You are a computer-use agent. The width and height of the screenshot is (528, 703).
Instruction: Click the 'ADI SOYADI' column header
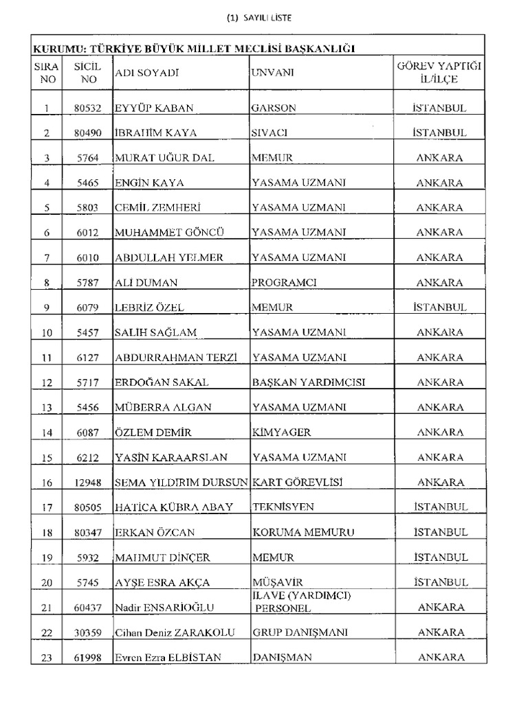point(146,72)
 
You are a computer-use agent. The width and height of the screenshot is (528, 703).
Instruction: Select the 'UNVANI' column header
point(272,72)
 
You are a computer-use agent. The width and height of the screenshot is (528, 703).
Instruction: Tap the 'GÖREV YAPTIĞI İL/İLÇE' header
point(439,72)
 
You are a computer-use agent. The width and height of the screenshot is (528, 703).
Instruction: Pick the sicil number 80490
point(88,132)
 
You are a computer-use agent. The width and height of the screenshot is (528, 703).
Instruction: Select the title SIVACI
point(269,132)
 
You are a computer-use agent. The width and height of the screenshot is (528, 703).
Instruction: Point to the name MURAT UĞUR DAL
point(164,158)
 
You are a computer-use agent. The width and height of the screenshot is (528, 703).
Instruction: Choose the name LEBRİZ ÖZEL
point(149,308)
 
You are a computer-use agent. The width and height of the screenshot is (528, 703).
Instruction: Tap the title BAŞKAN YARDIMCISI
point(308,382)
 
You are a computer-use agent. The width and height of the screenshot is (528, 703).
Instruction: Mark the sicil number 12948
point(88,483)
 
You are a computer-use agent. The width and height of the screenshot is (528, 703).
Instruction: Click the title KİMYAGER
point(281,433)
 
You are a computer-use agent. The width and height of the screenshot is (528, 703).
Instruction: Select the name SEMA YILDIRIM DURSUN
point(181,482)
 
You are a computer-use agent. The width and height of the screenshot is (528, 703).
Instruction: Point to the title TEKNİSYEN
point(283,507)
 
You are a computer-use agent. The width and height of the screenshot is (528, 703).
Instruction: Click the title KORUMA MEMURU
point(303,532)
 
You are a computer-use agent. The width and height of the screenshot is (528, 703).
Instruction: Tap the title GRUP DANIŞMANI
point(300,632)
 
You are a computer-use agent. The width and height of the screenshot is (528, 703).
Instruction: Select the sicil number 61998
point(88,658)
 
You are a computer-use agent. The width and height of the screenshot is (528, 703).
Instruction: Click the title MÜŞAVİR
point(277,582)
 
